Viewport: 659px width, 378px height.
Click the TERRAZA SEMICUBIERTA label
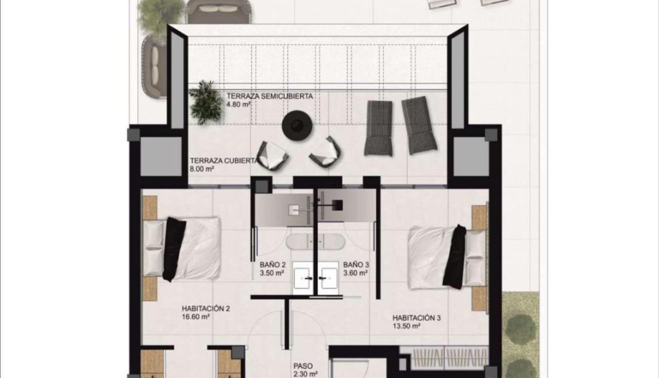click(x=270, y=96)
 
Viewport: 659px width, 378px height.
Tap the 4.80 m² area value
click(x=238, y=105)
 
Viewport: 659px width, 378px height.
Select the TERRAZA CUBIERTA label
click(x=223, y=161)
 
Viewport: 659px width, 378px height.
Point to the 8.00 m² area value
click(x=202, y=169)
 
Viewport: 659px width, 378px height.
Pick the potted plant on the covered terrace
click(x=206, y=102)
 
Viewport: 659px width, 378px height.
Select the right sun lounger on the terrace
click(x=419, y=125)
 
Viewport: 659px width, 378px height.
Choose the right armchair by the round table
click(x=326, y=152)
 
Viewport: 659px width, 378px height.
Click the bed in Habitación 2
click(x=182, y=248)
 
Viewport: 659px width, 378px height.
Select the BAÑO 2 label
click(x=272, y=265)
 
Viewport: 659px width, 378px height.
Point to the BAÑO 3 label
click(x=356, y=265)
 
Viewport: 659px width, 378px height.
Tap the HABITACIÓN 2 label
click(x=206, y=308)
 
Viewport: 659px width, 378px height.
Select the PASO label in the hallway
click(x=303, y=366)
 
